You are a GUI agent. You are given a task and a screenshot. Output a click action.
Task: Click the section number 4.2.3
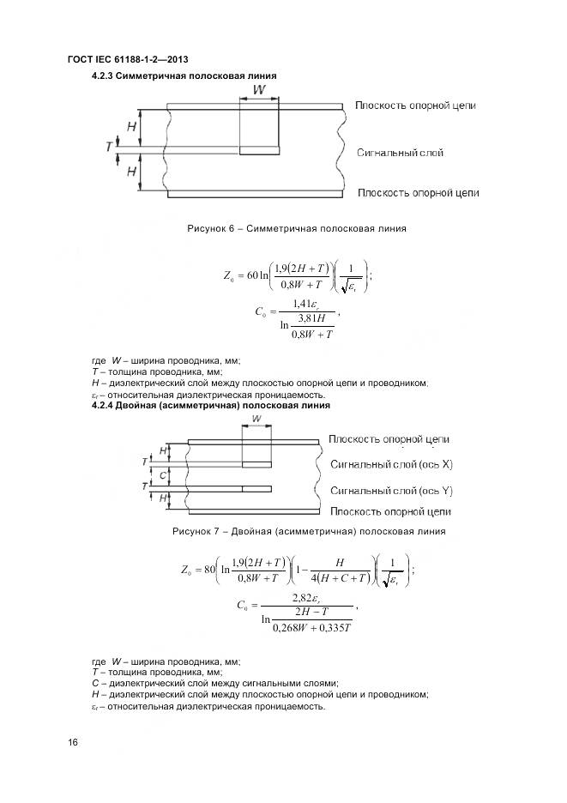click(x=106, y=76)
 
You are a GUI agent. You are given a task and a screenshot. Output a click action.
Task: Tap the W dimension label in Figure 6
click(x=259, y=89)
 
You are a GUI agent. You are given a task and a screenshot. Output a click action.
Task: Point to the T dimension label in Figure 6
click(x=109, y=148)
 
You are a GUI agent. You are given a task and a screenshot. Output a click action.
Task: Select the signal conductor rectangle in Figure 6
click(x=259, y=151)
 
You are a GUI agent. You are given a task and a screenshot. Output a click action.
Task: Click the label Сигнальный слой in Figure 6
click(x=400, y=153)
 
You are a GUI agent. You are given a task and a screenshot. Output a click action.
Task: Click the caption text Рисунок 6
click(x=209, y=228)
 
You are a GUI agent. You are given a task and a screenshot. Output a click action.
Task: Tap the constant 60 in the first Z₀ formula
click(x=253, y=275)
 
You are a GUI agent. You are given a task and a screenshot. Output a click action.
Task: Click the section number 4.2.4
click(x=106, y=404)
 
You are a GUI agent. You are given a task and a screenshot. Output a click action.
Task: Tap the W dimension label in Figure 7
click(x=256, y=419)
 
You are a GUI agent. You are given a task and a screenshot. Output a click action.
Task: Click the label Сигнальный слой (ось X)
click(x=391, y=464)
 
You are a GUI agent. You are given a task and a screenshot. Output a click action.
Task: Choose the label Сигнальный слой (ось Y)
click(x=391, y=491)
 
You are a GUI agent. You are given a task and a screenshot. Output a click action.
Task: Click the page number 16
click(x=72, y=743)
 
